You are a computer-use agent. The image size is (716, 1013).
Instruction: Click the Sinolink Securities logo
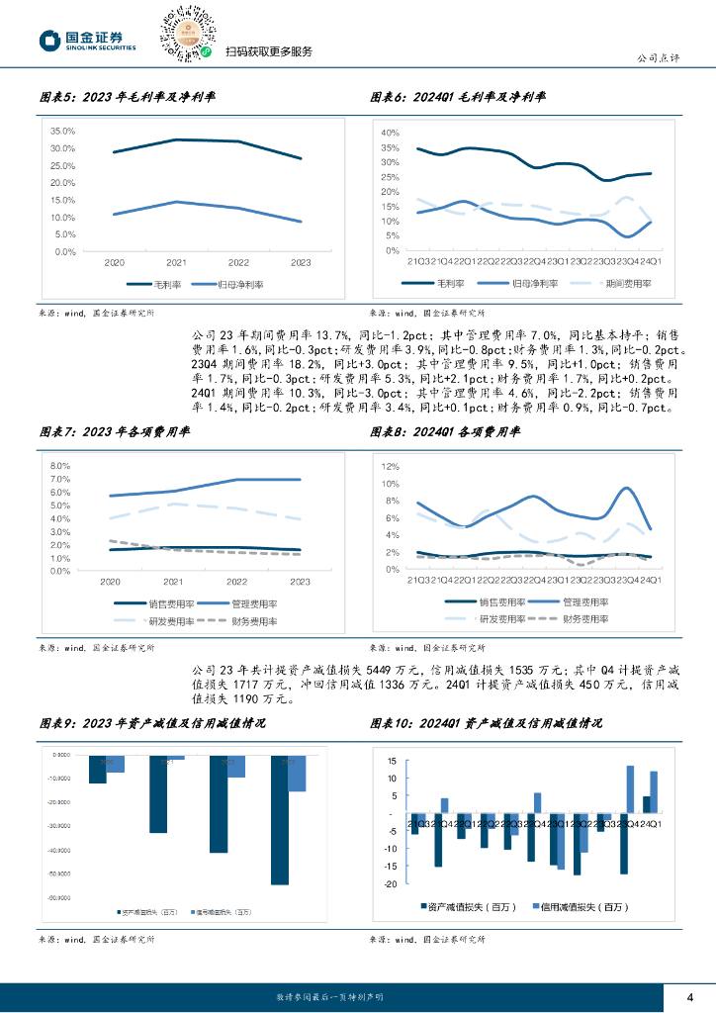click(87, 40)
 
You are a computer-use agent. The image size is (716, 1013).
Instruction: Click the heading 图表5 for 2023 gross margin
click(128, 97)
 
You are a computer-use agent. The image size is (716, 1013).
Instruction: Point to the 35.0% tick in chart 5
click(62, 131)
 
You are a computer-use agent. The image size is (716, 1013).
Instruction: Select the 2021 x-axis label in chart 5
click(176, 262)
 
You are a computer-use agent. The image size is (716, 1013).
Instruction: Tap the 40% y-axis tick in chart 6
click(389, 133)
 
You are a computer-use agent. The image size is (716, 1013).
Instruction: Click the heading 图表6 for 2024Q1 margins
click(458, 97)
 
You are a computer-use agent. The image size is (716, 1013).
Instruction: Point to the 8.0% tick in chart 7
click(58, 465)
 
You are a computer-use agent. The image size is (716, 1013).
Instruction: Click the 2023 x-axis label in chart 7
click(300, 582)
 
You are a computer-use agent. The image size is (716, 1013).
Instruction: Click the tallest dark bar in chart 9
click(280, 820)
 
